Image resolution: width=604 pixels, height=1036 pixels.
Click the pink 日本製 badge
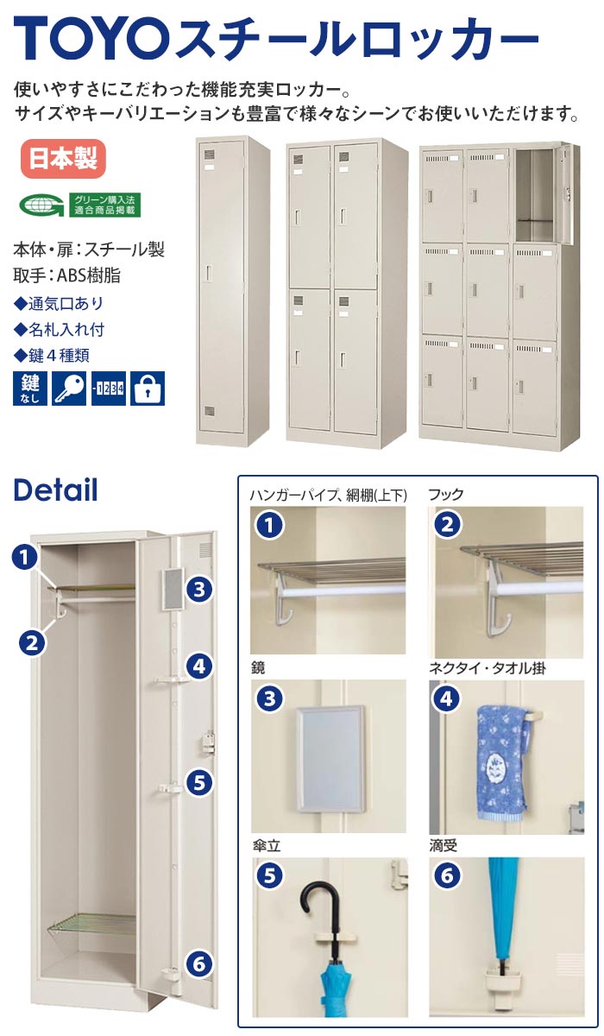click(63, 159)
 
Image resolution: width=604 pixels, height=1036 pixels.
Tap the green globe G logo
click(41, 205)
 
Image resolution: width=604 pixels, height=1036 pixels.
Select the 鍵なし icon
click(30, 388)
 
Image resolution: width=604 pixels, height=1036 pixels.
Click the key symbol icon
click(69, 388)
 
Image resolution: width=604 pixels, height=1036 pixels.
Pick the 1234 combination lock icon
click(109, 388)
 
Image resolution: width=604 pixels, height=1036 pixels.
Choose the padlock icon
click(148, 388)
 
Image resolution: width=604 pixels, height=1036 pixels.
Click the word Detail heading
click(55, 490)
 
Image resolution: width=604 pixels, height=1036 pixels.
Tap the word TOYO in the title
click(91, 38)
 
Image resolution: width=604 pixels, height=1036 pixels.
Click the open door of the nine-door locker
click(567, 193)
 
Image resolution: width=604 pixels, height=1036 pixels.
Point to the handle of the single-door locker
click(210, 274)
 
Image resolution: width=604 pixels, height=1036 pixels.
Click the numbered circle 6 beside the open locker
click(199, 963)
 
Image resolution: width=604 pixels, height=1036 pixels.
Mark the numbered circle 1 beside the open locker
click(25, 558)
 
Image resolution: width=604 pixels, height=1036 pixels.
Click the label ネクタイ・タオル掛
click(488, 668)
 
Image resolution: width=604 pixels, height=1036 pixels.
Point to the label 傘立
click(267, 846)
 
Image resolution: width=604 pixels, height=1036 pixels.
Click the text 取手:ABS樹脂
click(67, 275)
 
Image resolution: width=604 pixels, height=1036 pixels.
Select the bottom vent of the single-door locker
click(210, 411)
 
